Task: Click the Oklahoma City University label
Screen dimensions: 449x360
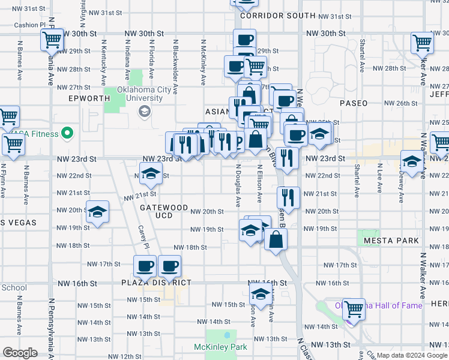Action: point(140,94)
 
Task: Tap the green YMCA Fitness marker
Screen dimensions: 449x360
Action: point(67,133)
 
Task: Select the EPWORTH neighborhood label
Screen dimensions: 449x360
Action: point(89,98)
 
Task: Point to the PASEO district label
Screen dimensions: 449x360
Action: point(354,103)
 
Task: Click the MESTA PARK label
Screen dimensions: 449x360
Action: point(391,241)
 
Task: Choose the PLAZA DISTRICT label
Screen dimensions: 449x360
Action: point(156,283)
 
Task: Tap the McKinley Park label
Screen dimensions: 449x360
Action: point(220,347)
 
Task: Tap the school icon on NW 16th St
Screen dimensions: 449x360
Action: point(260,294)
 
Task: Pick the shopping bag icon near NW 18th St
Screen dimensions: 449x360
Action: point(276,239)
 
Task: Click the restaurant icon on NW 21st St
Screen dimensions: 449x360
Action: point(289,197)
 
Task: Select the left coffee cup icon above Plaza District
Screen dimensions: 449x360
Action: point(145,265)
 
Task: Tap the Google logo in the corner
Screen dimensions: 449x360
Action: point(20,353)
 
